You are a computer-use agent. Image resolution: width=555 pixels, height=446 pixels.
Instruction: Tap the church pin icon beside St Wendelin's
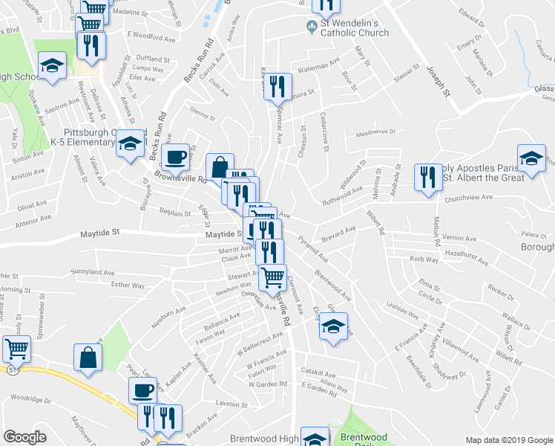point(312,28)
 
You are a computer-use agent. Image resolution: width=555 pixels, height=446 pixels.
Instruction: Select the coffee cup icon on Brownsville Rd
point(175,158)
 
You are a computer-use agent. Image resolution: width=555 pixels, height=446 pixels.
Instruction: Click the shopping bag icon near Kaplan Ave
point(88,358)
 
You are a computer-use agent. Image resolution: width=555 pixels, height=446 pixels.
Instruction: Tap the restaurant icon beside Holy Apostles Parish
point(427,177)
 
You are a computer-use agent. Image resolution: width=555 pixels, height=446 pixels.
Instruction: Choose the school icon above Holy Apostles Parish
point(531,158)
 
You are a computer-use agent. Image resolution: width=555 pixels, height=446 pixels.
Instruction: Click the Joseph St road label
point(437,81)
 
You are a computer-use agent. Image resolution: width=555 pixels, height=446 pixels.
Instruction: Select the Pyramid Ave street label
point(312,249)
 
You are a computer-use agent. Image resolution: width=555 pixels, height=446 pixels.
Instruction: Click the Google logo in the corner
point(25,437)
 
